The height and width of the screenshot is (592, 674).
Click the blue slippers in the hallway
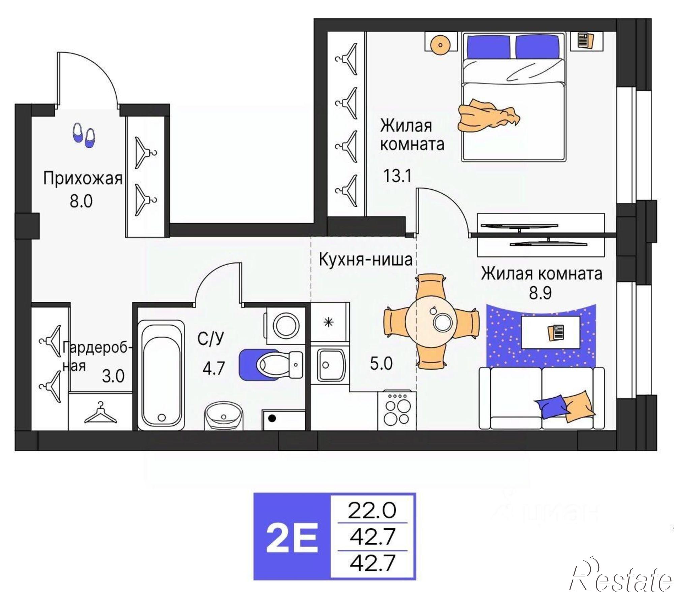84,135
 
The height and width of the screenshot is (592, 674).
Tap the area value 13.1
398,176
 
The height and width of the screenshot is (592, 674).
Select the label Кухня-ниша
365,260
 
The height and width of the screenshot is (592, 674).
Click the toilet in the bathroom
271,364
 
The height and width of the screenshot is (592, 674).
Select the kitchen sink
330,365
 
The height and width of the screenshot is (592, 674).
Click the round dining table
432,320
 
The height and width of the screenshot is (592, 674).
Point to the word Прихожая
83,178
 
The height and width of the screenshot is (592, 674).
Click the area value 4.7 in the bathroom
213,368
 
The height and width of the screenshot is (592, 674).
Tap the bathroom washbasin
223,416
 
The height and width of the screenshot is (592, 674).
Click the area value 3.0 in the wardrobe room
113,376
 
